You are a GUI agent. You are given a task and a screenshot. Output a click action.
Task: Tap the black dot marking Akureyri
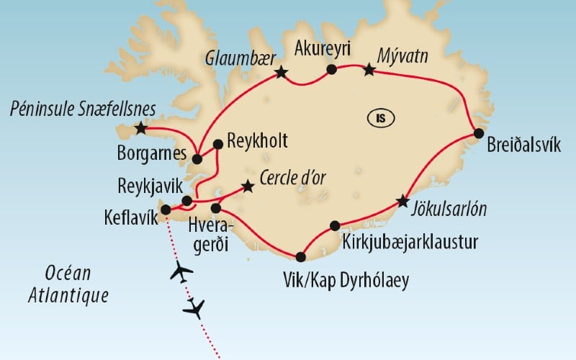pos(332,70)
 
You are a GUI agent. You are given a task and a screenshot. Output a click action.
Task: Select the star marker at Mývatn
pos(369,70)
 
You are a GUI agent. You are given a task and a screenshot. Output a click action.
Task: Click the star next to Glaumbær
pos(281,72)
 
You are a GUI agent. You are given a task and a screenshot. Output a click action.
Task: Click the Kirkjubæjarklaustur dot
pos(334,225)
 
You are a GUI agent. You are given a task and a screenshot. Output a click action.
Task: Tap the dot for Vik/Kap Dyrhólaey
pos(300,256)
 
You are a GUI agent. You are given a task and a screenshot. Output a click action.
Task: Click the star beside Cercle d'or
pos(248,186)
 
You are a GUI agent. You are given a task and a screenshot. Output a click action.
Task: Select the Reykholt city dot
pos(218,143)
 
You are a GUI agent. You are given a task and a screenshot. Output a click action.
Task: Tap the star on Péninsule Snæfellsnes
pos(140,130)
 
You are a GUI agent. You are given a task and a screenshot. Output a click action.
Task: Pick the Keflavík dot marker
pos(166,210)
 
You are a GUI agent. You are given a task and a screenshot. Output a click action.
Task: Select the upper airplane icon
pos(180,272)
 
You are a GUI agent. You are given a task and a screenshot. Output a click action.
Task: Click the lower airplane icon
pos(194,309)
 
